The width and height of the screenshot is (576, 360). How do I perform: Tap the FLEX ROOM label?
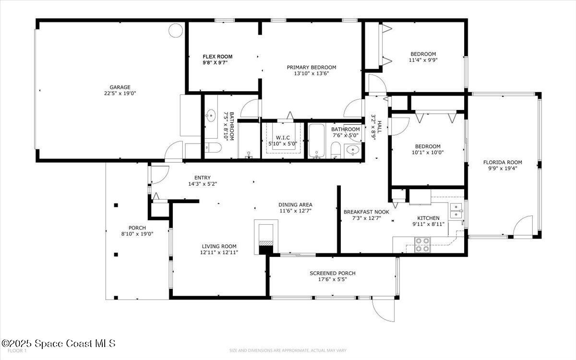coord(217,57)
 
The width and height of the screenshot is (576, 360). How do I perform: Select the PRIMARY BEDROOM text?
coord(312,67)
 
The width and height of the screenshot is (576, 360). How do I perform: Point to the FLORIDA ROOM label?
coord(502,162)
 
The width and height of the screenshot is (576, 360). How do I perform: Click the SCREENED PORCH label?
coord(332,273)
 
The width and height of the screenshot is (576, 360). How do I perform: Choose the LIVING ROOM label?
coord(219,246)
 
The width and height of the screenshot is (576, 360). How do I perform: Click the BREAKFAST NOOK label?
coord(366,212)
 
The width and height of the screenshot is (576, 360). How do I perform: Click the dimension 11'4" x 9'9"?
coord(423,60)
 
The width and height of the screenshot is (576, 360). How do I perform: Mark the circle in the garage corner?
coord(175,30)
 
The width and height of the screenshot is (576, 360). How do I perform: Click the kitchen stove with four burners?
coord(422,245)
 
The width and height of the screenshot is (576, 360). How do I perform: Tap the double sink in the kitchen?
coord(456,208)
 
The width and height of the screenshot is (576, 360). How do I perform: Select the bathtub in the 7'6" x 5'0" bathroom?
coord(317,141)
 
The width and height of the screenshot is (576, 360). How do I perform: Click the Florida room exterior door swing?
coord(523,227)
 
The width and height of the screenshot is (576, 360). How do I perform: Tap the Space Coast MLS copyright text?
coord(58,343)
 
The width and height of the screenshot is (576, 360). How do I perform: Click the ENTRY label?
coord(202,178)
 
